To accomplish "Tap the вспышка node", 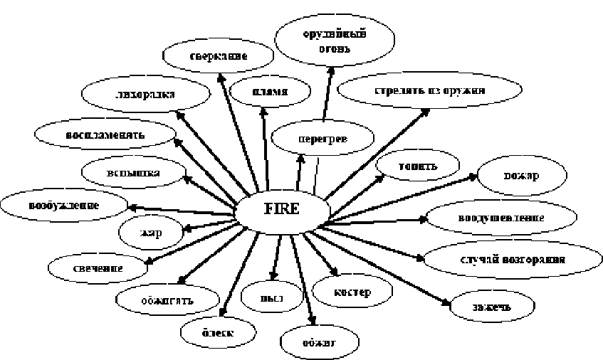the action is [x=125, y=172].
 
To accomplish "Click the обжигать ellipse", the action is [x=164, y=298].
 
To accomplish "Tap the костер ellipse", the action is [x=352, y=291].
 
